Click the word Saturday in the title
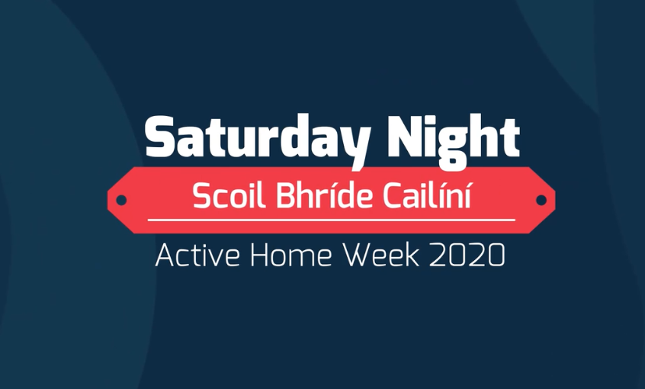[x=258, y=140]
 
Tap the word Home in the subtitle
[x=290, y=256]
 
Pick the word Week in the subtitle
[x=381, y=256]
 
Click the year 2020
[x=467, y=256]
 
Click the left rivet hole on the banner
[x=121, y=201]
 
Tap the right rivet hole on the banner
[x=541, y=201]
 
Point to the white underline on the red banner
[x=332, y=220]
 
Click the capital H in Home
[x=260, y=256]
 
